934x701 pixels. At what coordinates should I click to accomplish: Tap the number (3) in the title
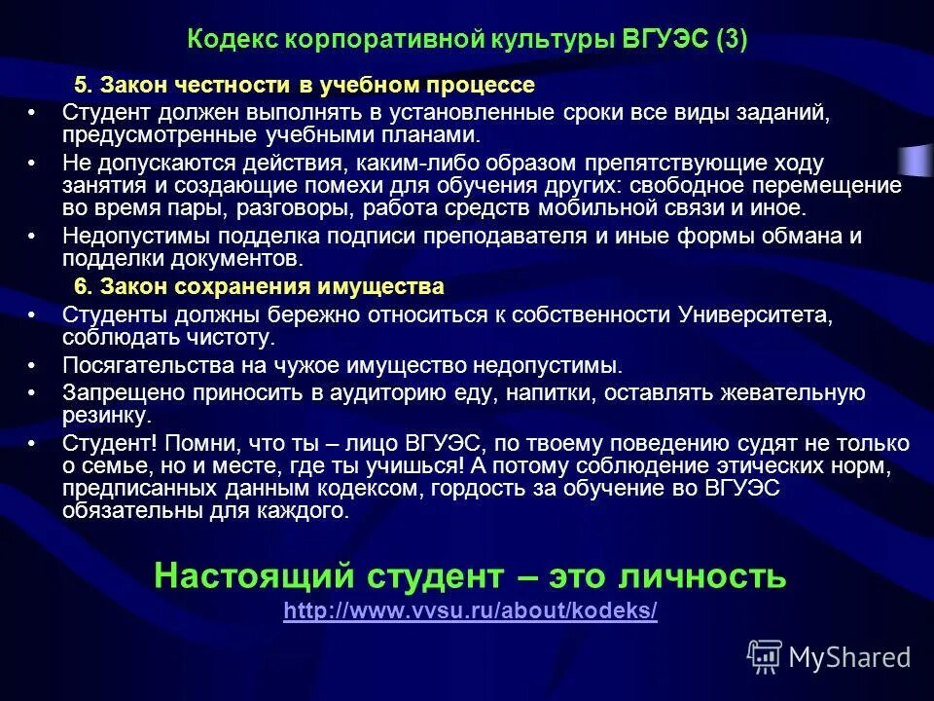click(x=731, y=40)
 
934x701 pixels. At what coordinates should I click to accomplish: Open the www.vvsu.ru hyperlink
click(x=470, y=611)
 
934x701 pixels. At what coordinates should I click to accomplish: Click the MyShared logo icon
click(x=764, y=656)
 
